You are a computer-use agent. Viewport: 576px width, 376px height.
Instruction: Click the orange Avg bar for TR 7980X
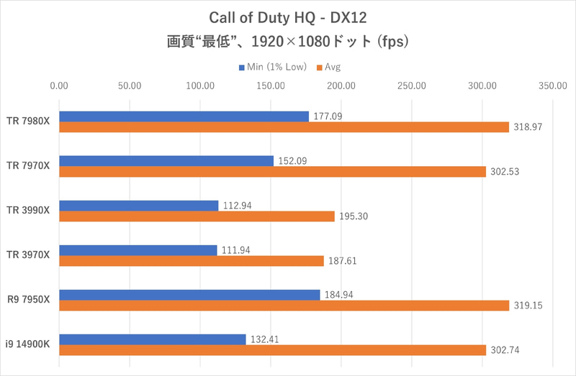pos(283,127)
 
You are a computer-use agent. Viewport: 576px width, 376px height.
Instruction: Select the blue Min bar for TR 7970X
pos(166,161)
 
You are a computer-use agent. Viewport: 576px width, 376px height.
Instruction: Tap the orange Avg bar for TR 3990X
pos(197,216)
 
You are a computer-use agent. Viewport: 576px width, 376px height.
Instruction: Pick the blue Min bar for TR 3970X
pos(138,250)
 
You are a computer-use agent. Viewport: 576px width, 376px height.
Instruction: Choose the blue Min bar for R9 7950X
pos(189,295)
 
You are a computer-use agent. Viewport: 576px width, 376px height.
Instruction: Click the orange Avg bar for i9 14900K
pos(272,350)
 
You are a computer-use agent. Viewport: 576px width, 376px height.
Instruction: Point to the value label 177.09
pos(328,116)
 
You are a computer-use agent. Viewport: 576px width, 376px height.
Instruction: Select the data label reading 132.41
pos(265,339)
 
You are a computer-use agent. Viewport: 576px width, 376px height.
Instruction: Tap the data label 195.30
pos(354,216)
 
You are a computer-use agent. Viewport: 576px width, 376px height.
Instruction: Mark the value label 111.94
pos(236,250)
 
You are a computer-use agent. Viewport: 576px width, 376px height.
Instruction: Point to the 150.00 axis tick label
pos(270,86)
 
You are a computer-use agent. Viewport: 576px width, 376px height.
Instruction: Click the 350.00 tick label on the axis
pos(552,86)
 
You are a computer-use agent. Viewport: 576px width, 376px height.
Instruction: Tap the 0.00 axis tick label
pos(59,86)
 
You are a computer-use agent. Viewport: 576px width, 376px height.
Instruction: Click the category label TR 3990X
pos(29,211)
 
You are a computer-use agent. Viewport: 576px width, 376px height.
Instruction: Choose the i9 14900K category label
pos(29,344)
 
